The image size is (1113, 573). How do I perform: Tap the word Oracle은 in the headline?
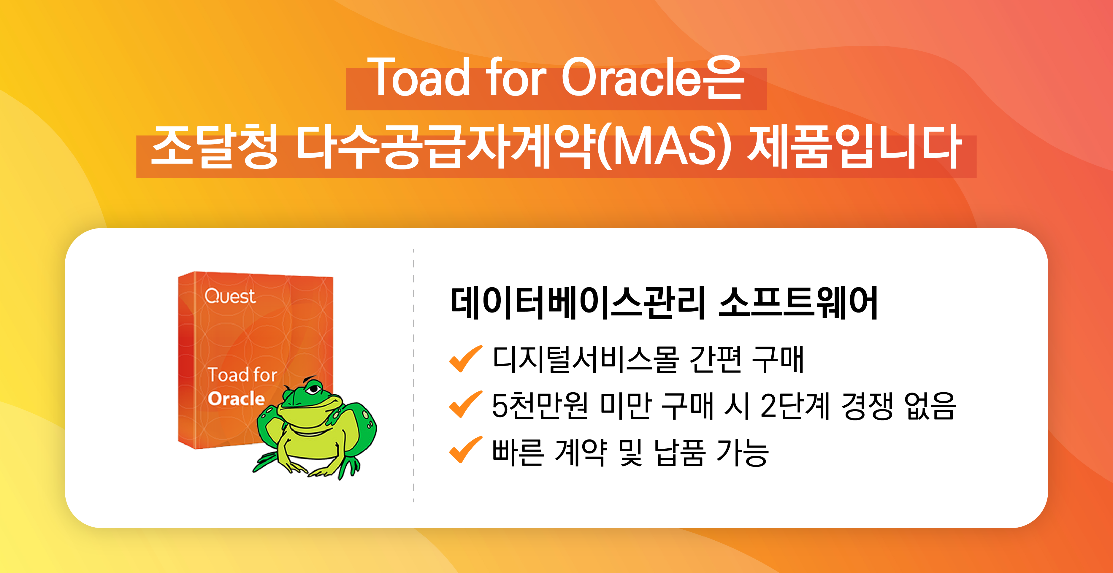coord(652,78)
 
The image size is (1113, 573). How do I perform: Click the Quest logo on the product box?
coord(230,296)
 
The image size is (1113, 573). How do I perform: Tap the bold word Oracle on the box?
coord(236,399)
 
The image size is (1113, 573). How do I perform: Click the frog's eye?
coord(314,389)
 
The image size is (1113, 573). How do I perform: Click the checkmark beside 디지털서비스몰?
coord(465,359)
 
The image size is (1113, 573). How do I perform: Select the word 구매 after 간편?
coord(778,360)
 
